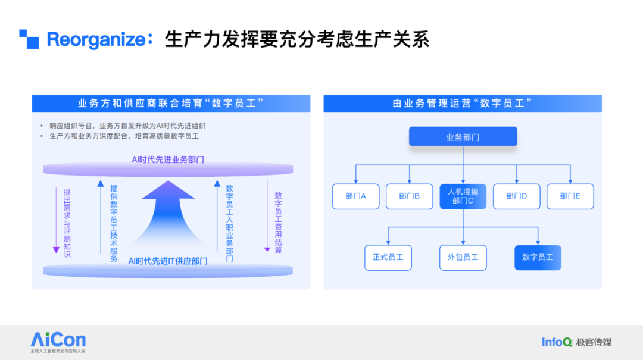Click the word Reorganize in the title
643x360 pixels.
pos(96,40)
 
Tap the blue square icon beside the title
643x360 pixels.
pos(29,39)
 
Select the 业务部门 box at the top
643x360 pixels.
pos(463,136)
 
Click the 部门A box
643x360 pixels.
pos(355,196)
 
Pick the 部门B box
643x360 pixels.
pos(409,196)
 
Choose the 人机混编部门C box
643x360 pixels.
pos(463,196)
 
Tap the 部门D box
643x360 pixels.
pos(517,196)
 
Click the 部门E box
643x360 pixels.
pos(570,196)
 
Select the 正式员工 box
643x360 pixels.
pos(388,258)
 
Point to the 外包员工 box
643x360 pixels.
pos(463,258)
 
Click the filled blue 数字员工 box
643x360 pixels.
pos(538,258)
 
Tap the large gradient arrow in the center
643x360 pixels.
pos(168,213)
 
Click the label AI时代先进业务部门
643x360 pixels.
pos(168,160)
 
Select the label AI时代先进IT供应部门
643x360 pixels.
pos(168,261)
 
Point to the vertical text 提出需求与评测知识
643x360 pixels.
pos(67,223)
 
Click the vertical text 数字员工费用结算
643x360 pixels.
pos(279,223)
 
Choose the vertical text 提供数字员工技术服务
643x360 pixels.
pos(114,224)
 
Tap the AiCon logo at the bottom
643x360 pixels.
pos(58,342)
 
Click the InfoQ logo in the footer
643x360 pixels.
pos(557,342)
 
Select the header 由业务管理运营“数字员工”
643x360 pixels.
pos(463,104)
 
